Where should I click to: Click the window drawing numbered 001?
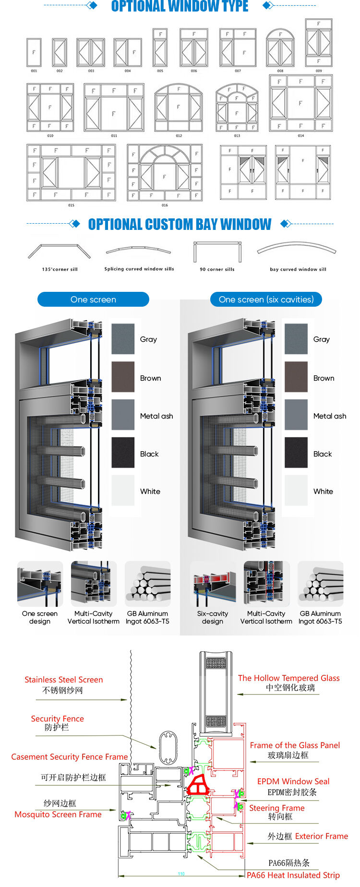[34, 52]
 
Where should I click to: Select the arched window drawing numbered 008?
[280, 48]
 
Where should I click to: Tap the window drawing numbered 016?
[165, 173]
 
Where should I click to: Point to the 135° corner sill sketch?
[59, 252]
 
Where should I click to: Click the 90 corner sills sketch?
[217, 252]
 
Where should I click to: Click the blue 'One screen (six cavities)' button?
[266, 300]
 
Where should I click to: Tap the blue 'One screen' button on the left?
[93, 300]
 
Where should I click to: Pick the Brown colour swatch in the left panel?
[123, 377]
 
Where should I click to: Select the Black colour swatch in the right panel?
[296, 453]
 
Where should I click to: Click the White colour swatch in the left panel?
[123, 491]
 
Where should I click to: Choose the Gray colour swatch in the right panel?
[296, 339]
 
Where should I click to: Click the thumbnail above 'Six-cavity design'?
[213, 584]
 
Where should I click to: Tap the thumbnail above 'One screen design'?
[40, 584]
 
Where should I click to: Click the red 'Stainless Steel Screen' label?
[63, 680]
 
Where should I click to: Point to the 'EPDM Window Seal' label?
[293, 781]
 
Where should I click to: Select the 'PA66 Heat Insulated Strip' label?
[293, 875]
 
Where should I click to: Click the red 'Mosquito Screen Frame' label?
[58, 815]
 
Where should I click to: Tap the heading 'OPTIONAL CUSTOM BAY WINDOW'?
[180, 224]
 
